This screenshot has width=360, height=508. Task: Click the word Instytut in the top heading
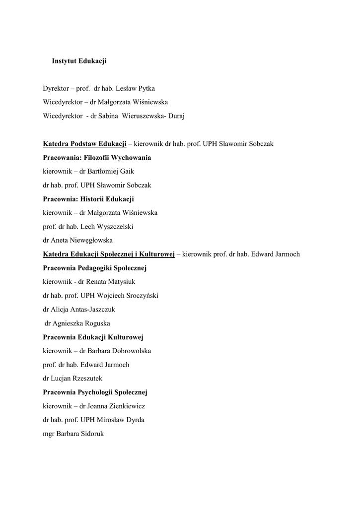click(64, 61)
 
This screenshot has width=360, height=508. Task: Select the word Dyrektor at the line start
click(55, 89)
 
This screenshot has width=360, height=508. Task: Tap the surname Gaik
click(126, 171)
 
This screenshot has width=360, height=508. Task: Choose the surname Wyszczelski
click(112, 227)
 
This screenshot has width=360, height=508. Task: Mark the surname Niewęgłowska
click(82, 241)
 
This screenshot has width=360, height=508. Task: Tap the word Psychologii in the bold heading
click(96, 392)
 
